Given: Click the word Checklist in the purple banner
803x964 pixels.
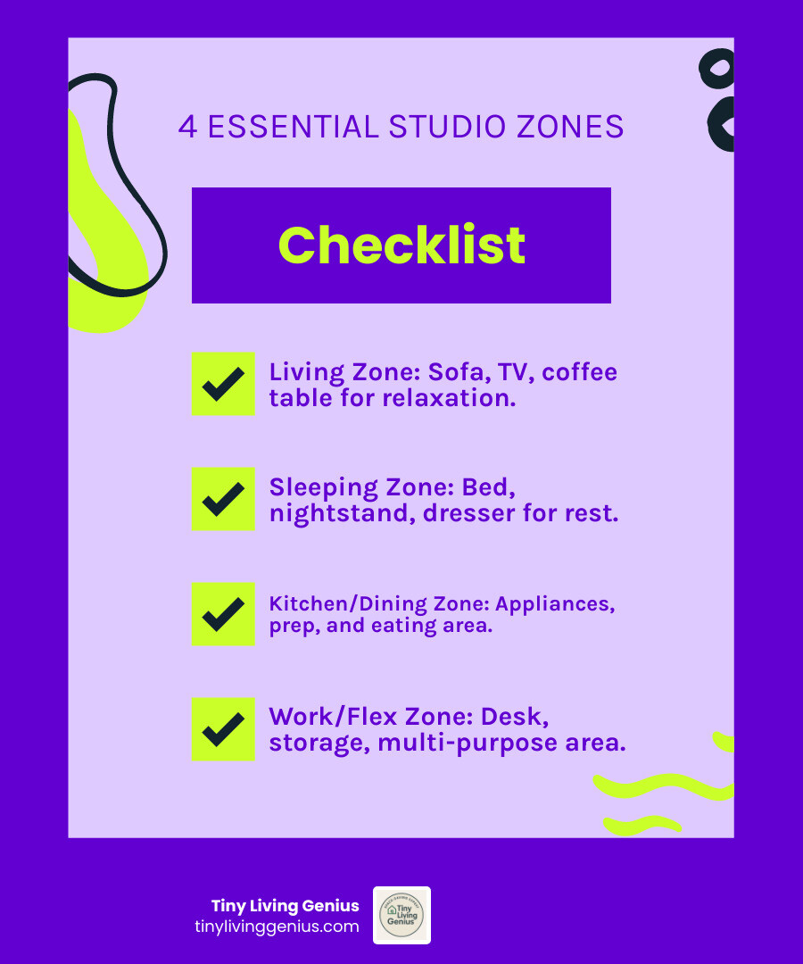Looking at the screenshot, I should coord(401,245).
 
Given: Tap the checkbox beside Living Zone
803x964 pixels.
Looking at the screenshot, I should coord(223,384).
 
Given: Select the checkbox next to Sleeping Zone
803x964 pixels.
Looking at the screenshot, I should coord(223,499).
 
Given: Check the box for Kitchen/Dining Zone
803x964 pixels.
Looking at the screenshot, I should coord(223,614).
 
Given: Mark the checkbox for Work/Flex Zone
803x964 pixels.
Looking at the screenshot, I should coord(223,729).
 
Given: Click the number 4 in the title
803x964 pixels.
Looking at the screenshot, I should coord(187,127).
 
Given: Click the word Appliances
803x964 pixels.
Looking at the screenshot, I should coord(555,603).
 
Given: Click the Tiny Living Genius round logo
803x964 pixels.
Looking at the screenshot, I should coord(401,915).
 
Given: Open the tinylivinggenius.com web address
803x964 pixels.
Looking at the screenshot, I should coord(277,927).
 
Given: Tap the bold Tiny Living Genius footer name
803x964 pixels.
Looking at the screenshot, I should coord(285,906).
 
